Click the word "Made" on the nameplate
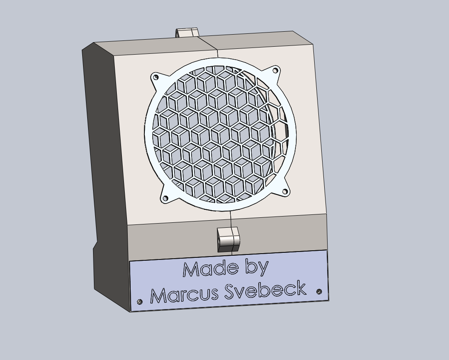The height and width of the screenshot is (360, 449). (x=210, y=269)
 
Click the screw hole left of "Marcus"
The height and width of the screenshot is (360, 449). (x=140, y=302)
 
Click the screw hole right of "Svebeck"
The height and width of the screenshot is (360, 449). (x=319, y=292)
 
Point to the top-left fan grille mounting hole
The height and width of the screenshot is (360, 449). (x=156, y=77)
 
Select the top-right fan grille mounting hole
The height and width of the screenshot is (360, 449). (x=275, y=70)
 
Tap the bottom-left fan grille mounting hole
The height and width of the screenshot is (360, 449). (x=165, y=198)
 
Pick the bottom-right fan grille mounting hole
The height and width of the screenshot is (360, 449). (x=285, y=191)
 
